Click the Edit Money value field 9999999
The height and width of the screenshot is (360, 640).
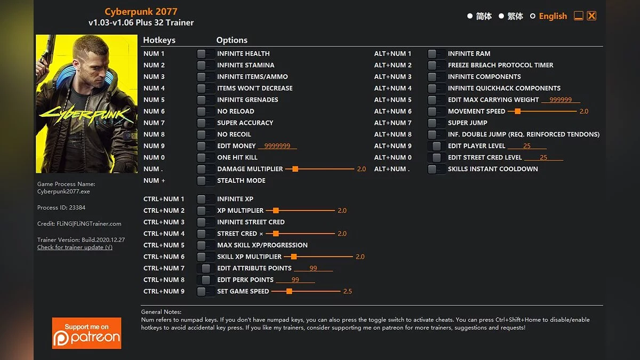[x=277, y=146]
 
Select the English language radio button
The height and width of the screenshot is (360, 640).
[x=532, y=17]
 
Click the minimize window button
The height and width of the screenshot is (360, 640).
[x=578, y=16]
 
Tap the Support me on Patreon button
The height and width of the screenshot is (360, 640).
[x=86, y=333]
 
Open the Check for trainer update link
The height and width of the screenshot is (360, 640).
[x=75, y=247]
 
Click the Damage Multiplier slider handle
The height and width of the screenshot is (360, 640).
[x=295, y=169]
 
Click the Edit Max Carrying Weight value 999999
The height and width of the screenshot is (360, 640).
[x=561, y=100]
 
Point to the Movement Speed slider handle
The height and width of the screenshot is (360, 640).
[x=517, y=111]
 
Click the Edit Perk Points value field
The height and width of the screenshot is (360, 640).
[x=295, y=280]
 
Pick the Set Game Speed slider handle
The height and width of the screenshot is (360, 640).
[x=289, y=292]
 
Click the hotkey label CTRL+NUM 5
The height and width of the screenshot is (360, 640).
[x=164, y=245]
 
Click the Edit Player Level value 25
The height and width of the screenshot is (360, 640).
[x=527, y=146]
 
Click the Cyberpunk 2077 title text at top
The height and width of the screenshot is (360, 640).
[x=141, y=12]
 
